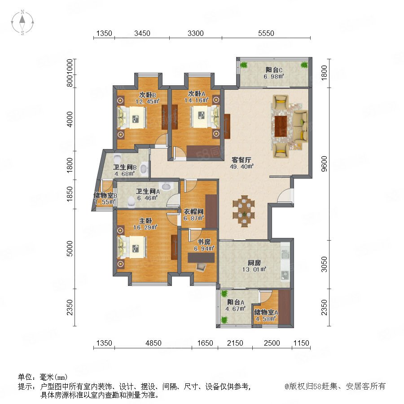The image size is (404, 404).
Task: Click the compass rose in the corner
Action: tap(22, 22)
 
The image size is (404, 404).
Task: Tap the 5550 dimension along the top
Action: tap(266, 33)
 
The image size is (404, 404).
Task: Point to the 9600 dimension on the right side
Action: tap(324, 163)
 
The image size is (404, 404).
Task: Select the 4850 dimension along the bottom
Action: tap(154, 343)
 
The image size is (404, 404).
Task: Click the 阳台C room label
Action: tap(274, 70)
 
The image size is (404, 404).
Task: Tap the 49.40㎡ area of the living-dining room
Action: tap(242, 167)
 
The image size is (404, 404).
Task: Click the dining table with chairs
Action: tap(243, 211)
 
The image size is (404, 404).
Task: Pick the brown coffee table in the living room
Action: tap(281, 126)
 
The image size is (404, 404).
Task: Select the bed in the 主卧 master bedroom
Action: tap(132, 247)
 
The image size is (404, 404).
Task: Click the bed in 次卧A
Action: tap(205, 117)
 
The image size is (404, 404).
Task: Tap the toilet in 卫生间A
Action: tap(132, 202)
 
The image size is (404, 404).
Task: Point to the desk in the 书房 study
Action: tap(201, 258)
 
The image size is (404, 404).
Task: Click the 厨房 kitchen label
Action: tap(255, 263)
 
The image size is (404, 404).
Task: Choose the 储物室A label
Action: tap(266, 312)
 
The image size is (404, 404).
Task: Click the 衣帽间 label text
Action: tap(193, 212)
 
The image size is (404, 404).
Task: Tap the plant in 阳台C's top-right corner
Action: tap(304, 65)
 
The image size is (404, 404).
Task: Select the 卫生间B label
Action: tap(125, 167)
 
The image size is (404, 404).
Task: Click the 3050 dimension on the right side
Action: tap(324, 264)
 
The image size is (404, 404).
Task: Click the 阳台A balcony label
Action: tap(236, 302)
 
